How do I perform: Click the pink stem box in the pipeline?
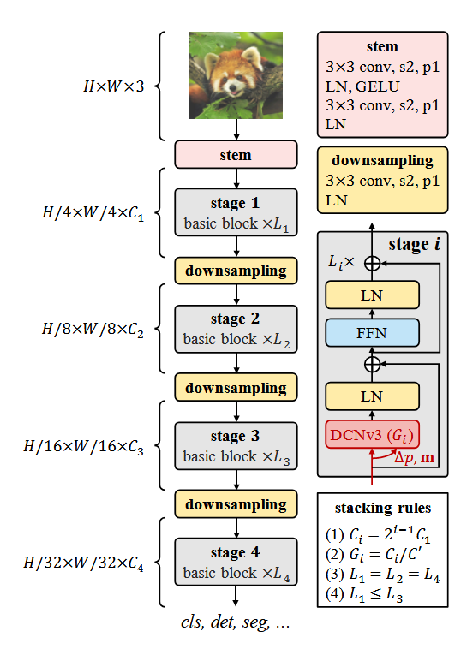(236, 156)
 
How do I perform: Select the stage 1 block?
(236, 213)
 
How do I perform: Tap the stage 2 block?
(236, 329)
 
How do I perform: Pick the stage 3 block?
(236, 445)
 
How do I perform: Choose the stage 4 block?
(236, 561)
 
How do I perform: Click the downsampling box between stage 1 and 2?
(236, 271)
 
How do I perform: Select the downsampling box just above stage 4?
(236, 503)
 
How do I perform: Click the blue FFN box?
(372, 332)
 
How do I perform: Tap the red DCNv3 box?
(372, 434)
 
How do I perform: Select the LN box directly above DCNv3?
(372, 396)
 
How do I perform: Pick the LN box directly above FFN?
(372, 295)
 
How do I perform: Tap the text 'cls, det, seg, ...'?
(236, 623)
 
